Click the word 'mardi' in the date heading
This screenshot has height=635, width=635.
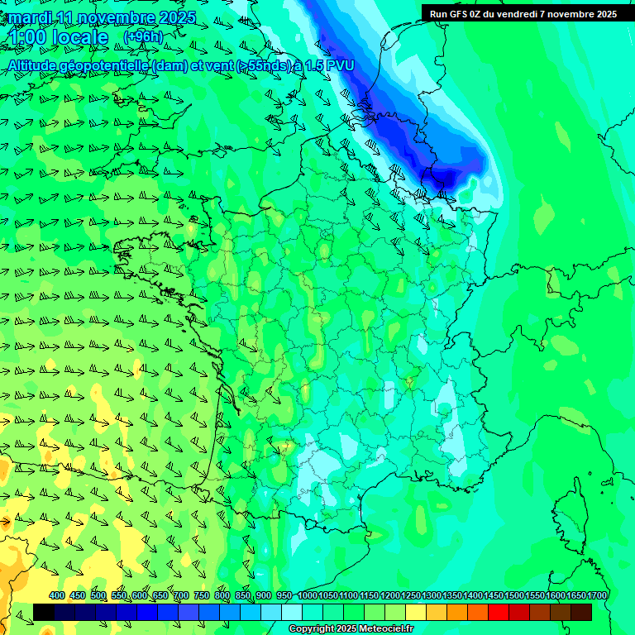31,17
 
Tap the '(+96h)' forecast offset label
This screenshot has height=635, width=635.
143,37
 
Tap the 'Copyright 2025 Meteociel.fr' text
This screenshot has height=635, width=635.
351,629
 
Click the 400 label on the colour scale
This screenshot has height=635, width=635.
57,596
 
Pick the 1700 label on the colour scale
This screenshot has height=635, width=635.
597,596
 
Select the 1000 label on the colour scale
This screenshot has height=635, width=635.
308,596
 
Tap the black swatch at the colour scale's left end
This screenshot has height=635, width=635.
44,612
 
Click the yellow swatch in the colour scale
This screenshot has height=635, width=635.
415,612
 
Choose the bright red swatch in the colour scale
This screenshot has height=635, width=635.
498,612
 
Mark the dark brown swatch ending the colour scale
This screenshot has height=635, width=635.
581,612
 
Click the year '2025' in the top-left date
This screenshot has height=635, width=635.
176,17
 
